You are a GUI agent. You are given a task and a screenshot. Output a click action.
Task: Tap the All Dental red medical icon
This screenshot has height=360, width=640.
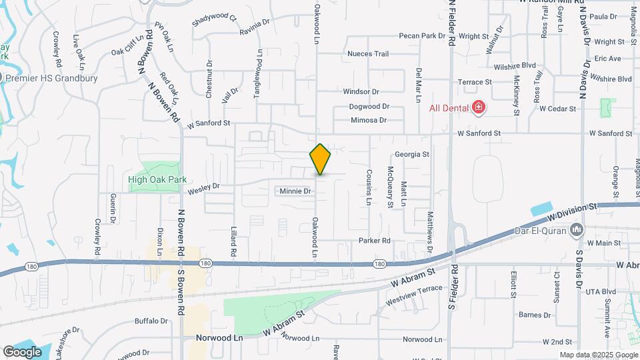tap(478, 107)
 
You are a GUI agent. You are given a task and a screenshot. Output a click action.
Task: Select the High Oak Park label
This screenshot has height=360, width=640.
tap(157, 179)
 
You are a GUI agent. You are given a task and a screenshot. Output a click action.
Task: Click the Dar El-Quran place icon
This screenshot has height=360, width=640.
tap(577, 231)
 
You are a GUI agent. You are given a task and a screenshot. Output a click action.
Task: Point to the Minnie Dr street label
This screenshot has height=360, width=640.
tap(295, 191)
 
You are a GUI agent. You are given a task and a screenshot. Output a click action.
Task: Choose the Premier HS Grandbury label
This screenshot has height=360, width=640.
tap(51, 78)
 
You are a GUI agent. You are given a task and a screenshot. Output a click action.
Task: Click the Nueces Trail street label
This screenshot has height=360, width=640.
tap(367, 54)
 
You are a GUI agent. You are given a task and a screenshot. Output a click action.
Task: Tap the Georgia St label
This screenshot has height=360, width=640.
tap(411, 154)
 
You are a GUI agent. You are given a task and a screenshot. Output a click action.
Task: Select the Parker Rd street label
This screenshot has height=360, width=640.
tap(373, 241)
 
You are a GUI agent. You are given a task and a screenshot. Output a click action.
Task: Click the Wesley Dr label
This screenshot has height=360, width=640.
tap(204, 188)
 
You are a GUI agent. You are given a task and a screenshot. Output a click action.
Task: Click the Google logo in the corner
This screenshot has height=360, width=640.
tap(22, 351)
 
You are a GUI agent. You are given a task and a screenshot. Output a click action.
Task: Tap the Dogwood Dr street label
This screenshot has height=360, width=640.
tap(369, 106)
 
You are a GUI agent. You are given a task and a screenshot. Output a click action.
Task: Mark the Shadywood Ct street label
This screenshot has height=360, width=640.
tap(214, 20)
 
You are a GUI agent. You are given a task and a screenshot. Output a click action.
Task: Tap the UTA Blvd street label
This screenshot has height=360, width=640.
tap(600, 292)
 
